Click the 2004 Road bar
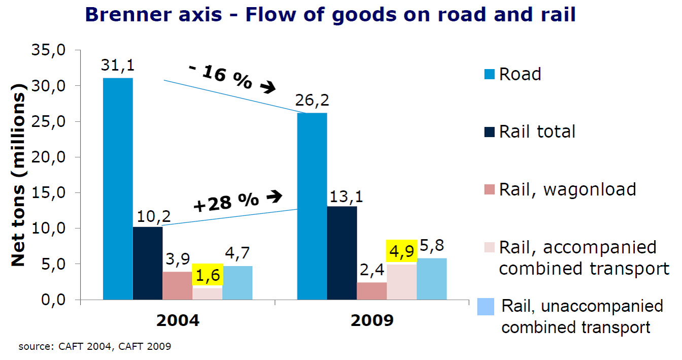(118, 188)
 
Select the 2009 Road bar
(312, 206)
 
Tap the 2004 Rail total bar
(148, 263)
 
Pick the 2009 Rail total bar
(342, 253)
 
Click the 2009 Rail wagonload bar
(372, 291)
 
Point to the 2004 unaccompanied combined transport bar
(237, 283)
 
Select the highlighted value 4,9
(401, 251)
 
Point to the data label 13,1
(342, 195)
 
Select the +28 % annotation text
(226, 202)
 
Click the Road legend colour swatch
(489, 75)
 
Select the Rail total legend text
(537, 132)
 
